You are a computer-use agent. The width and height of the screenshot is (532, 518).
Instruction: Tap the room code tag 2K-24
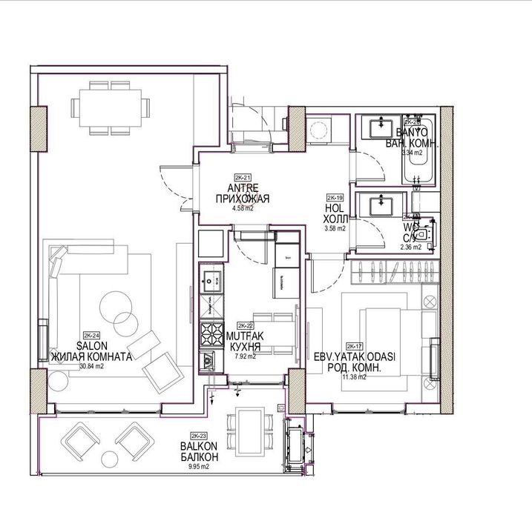tap(92, 335)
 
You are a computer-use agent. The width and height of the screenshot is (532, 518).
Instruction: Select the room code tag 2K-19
tap(335, 199)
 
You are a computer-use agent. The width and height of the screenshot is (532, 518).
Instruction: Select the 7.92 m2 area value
tap(245, 356)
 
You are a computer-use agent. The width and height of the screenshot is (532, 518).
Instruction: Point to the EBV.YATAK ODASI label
tap(355, 356)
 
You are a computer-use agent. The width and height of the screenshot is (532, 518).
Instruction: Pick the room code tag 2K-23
tap(198, 436)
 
